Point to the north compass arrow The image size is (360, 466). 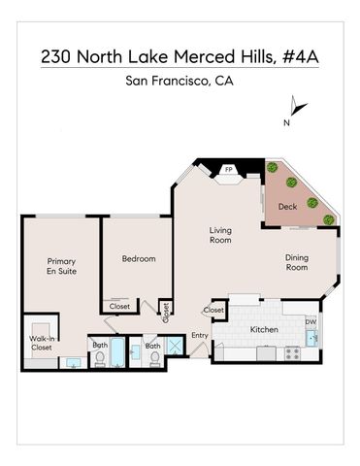tap(299, 108)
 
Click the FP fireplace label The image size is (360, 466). tap(229, 170)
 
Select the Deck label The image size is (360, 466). tap(287, 206)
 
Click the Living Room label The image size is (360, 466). tap(220, 235)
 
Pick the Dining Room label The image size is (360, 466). tap(297, 262)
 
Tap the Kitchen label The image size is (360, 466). tap(265, 330)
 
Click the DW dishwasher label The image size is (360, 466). tap(311, 321)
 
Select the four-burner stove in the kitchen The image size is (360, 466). tap(291, 353)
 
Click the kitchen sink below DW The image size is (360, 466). tap(311, 338)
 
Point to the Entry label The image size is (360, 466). tap(200, 335)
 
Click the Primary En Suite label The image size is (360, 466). tap(60, 266)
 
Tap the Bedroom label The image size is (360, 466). tap(138, 259)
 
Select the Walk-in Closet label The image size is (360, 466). tap(41, 342)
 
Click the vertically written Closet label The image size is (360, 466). tap(166, 312)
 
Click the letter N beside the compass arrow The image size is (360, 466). tap(285, 123)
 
